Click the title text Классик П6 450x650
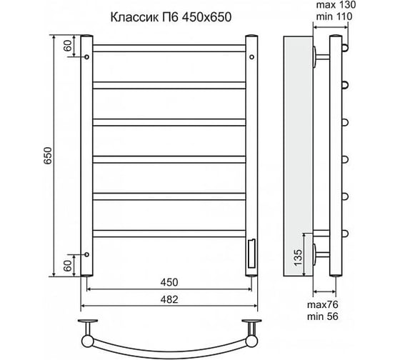(x=171, y=18)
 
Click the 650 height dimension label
(x=48, y=156)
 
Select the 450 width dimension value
(x=169, y=282)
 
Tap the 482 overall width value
(x=169, y=299)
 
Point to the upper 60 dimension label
(x=68, y=46)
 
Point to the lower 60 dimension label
(x=68, y=266)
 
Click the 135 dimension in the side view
(x=298, y=258)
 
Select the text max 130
(x=336, y=5)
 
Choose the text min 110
(x=334, y=17)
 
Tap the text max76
(x=323, y=304)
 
